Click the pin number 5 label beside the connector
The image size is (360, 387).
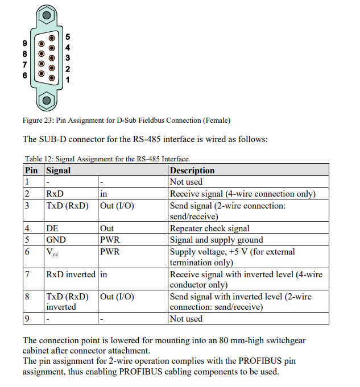click(x=68, y=37)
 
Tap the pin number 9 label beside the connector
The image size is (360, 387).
click(x=24, y=43)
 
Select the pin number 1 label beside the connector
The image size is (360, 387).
click(x=68, y=80)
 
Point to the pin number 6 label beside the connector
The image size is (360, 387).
click(x=24, y=75)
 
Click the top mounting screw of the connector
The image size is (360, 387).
click(x=46, y=15)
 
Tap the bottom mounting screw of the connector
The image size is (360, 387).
click(x=46, y=101)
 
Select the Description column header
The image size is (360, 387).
click(x=192, y=170)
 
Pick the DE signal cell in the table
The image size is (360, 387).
click(x=52, y=228)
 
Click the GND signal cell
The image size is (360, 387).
click(x=56, y=240)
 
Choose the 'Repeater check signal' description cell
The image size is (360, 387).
click(x=209, y=228)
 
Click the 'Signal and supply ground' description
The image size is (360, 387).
click(x=216, y=240)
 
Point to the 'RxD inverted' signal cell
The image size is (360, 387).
click(x=71, y=274)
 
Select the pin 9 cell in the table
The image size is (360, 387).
click(x=27, y=319)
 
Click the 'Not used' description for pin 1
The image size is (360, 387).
click(x=186, y=182)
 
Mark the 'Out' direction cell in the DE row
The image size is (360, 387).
click(x=107, y=228)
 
